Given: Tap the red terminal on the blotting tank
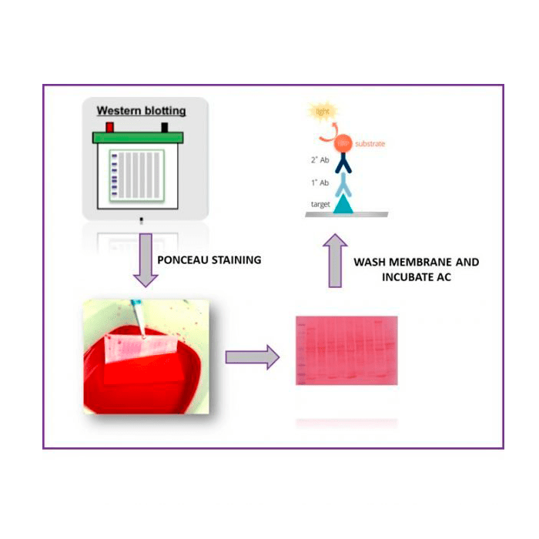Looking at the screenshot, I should pyautogui.click(x=109, y=126).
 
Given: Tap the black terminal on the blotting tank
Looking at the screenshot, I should pyautogui.click(x=164, y=126).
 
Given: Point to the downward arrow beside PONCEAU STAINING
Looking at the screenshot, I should pyautogui.click(x=142, y=263).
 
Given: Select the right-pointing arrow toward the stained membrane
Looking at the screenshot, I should pyautogui.click(x=249, y=357).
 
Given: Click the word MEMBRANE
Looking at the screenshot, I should pyautogui.click(x=418, y=263).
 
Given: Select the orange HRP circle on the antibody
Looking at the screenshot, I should pyautogui.click(x=344, y=142).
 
